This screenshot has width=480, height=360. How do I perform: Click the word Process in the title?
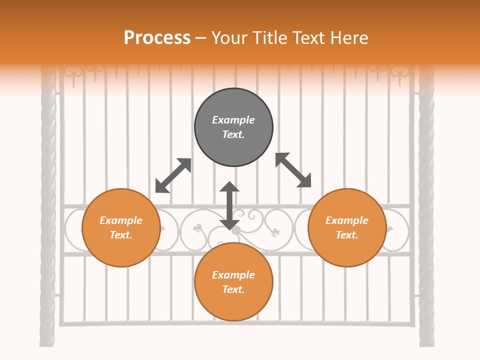coord(157,38)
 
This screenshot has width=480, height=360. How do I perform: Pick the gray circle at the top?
coord(233,127)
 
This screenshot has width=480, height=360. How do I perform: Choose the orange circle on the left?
coord(121,228)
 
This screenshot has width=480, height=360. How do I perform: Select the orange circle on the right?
coord(347,228)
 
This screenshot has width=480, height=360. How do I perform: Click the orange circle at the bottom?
coord(233,282)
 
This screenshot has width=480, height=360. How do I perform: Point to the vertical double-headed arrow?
coord(229,205)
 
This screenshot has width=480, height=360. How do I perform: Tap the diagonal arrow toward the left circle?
coord(173,175)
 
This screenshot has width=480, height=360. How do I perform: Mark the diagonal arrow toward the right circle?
coord(293,170)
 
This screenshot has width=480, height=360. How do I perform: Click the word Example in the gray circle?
coord(233,120)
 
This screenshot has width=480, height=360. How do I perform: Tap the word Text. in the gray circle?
coord(233,134)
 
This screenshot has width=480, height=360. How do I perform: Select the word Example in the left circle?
coord(121,220)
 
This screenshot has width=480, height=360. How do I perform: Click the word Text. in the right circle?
coord(347,235)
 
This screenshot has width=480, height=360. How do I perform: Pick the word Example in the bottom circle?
coord(233,275)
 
